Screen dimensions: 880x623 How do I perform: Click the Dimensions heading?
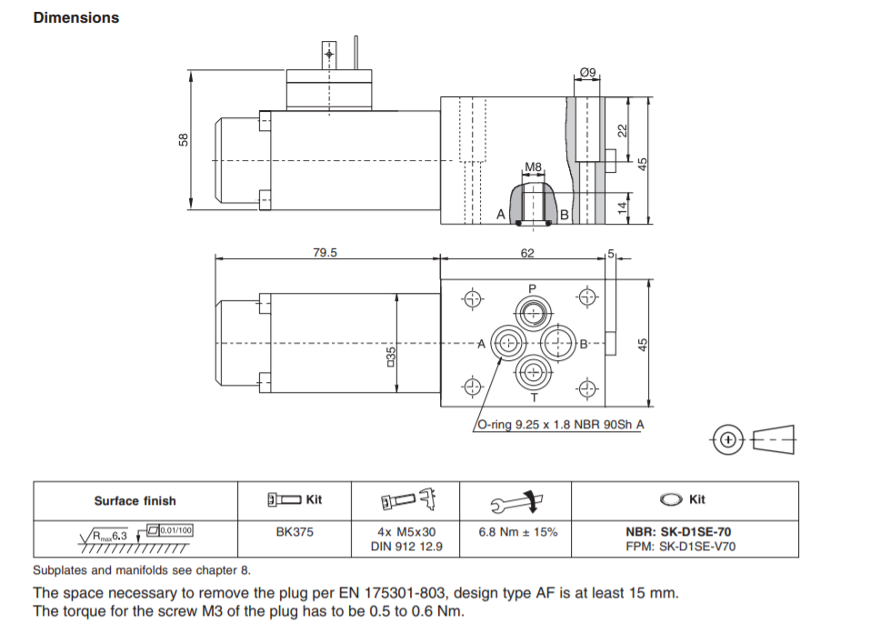[x=75, y=17]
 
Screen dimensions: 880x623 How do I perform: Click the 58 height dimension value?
[x=183, y=140]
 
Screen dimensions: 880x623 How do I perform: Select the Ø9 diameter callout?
[x=587, y=73]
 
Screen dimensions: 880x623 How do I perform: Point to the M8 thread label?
[x=533, y=166]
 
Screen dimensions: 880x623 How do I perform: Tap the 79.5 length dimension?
[x=325, y=253]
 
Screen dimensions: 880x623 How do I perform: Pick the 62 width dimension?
[x=527, y=253]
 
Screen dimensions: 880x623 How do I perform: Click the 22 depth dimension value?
[x=623, y=131]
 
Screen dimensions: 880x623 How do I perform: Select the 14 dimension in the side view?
[x=623, y=207]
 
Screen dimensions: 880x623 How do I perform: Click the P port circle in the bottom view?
[x=533, y=313]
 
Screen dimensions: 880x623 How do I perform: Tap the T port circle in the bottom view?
[x=533, y=372]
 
